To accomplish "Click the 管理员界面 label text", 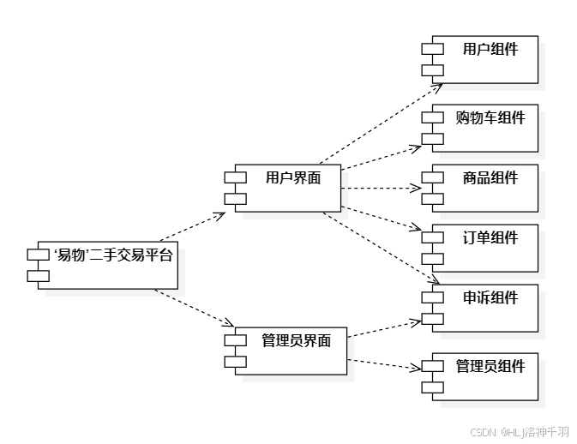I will [296, 340].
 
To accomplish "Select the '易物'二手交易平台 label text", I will [112, 255].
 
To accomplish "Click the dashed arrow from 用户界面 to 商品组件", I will [382, 187].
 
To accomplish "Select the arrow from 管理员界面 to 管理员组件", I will [386, 363].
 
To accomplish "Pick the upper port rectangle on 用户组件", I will [431, 49].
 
